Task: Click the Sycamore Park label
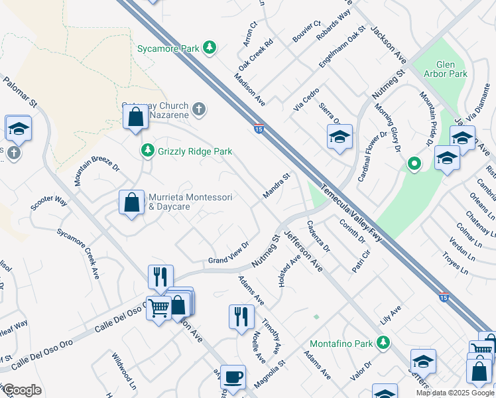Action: coord(168,48)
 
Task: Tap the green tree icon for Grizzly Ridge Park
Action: coord(147,151)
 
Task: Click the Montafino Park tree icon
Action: coord(382,342)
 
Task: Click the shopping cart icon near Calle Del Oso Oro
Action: coord(158,308)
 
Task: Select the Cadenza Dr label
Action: coord(318,236)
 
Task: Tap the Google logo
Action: coord(22,390)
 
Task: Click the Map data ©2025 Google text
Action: coord(454,393)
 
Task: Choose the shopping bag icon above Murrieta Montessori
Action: coord(135,117)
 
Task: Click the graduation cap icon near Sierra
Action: coord(340,137)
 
